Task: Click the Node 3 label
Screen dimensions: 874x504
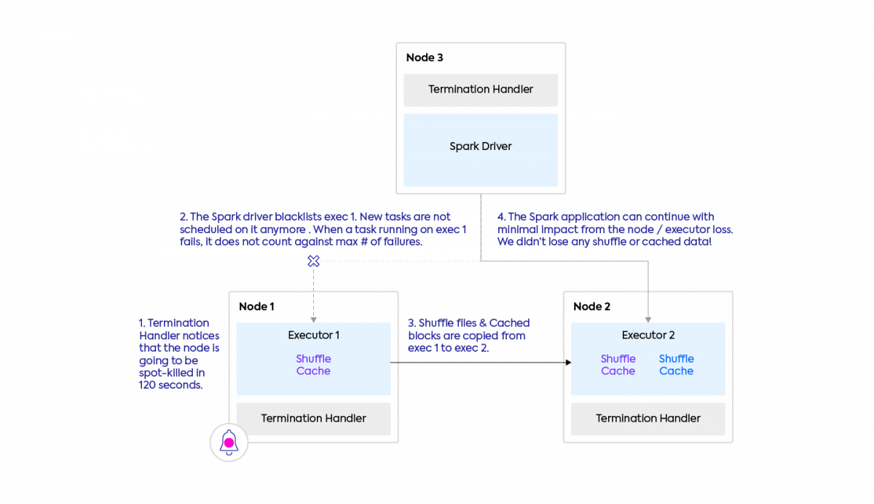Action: (425, 58)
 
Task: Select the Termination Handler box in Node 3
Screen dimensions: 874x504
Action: (481, 90)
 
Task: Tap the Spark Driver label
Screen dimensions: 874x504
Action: (481, 146)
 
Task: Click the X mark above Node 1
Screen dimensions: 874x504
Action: (313, 261)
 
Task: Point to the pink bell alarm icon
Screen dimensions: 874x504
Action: (229, 442)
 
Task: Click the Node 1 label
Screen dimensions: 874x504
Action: (256, 307)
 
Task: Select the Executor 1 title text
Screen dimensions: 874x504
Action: (314, 335)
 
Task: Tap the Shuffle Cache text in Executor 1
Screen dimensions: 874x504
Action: (313, 365)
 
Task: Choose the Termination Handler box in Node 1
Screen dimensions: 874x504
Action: (313, 419)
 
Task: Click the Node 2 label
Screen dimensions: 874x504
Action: (592, 307)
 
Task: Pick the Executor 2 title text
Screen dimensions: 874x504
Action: (648, 335)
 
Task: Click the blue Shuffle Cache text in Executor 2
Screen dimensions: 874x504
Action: (677, 365)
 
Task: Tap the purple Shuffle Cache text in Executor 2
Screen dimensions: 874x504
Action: (618, 365)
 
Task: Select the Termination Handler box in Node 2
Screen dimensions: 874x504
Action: (648, 419)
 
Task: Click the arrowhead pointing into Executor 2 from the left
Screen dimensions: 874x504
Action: (569, 363)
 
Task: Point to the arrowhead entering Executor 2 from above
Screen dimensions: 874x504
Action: (648, 320)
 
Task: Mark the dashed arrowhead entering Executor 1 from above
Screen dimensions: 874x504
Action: (313, 320)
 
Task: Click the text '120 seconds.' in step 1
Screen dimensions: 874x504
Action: (171, 385)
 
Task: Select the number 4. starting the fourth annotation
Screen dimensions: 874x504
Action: (501, 217)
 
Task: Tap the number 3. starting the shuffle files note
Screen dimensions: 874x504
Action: (412, 323)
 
